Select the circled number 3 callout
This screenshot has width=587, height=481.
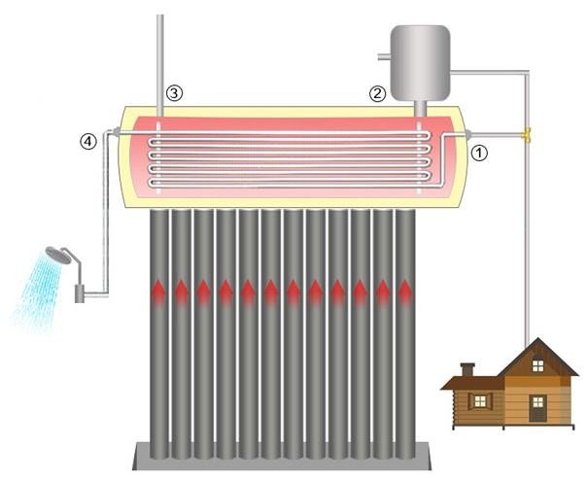point(174,93)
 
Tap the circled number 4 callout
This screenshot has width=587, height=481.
point(88,141)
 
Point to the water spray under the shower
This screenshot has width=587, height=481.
point(37,292)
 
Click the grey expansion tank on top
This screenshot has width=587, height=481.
point(420,53)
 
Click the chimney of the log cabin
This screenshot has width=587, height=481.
point(466,369)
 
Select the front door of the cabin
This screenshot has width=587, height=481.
point(537,408)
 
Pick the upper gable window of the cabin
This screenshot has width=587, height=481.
point(536,366)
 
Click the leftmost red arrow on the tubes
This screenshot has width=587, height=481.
point(158,289)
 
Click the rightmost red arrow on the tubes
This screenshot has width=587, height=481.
point(404,289)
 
